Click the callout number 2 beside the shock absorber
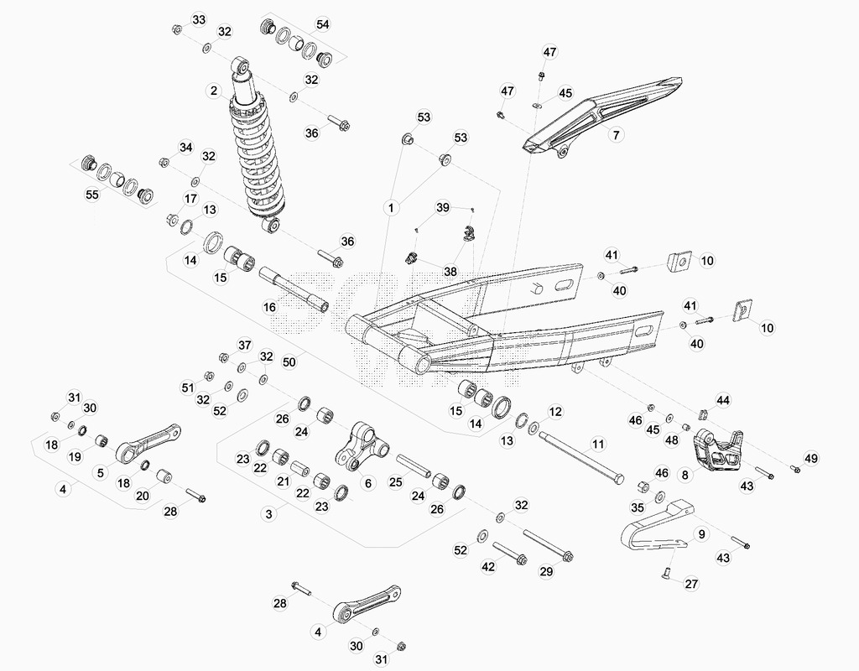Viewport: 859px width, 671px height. click(x=214, y=91)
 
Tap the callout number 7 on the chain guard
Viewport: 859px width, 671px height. click(x=616, y=134)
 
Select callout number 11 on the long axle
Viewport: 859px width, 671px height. click(x=597, y=444)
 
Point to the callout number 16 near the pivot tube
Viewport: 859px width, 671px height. click(x=269, y=307)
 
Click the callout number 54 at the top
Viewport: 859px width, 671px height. click(x=323, y=24)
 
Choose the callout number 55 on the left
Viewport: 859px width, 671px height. click(x=92, y=195)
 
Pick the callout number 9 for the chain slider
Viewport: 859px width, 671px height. click(x=702, y=534)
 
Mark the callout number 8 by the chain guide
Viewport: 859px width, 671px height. click(x=685, y=475)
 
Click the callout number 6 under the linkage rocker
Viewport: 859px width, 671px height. click(x=368, y=482)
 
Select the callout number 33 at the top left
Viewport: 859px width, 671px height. click(x=198, y=20)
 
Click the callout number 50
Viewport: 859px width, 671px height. click(x=289, y=362)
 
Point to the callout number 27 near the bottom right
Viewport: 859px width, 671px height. click(x=691, y=584)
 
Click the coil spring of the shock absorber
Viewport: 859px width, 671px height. click(x=258, y=159)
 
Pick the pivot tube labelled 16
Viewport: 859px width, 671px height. click(x=294, y=289)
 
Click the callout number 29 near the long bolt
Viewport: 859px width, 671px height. click(x=546, y=571)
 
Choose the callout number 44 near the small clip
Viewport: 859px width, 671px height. click(x=723, y=400)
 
